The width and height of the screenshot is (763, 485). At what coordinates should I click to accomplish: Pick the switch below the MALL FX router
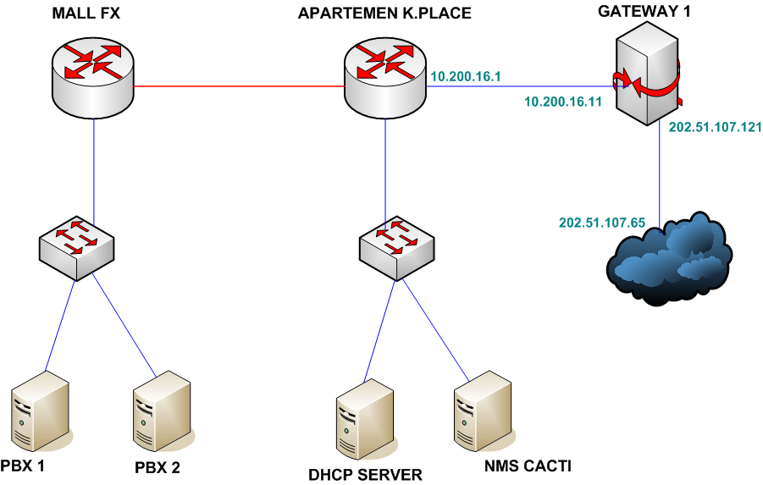coord(77,245)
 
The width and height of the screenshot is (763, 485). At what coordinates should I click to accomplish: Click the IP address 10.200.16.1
coord(467,77)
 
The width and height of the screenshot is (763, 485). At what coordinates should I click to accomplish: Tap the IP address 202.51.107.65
coord(602,223)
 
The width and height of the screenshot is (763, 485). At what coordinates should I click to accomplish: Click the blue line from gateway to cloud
coord(661,169)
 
